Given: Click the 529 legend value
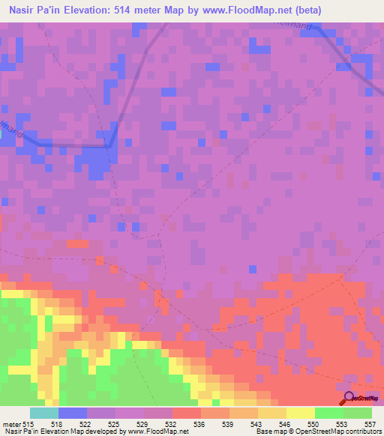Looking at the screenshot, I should [x=143, y=424].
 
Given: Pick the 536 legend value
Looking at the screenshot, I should [x=200, y=424].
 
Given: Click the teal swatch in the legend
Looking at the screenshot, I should [x=43, y=413].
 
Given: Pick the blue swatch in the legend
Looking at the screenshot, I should [x=72, y=413].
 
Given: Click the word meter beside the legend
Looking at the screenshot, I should [x=10, y=424].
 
